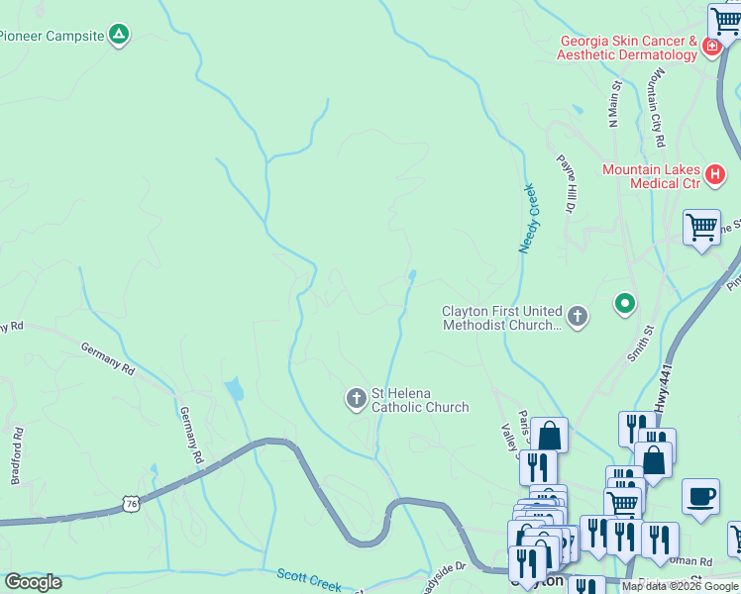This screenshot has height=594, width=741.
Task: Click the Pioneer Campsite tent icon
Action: pos(118,36)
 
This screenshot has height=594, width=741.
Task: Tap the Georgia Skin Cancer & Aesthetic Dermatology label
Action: pos(627,48)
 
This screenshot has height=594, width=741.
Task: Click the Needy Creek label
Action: pos(528,218)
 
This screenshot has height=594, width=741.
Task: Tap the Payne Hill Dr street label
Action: pos(566,182)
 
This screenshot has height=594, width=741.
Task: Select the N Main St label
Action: pos(615,104)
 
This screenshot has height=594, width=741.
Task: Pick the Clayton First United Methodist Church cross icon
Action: pos(578,317)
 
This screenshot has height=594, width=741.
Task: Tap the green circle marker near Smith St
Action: pos(624,303)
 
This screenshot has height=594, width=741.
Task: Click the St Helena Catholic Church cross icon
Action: pos(356,399)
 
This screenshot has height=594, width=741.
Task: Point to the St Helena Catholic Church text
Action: pos(419,400)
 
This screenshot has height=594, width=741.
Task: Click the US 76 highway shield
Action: pos(132,504)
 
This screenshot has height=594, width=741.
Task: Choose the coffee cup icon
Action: pos(700,496)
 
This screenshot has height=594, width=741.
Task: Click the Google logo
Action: pos(34,581)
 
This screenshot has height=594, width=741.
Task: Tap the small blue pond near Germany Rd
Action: pos(235,389)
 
